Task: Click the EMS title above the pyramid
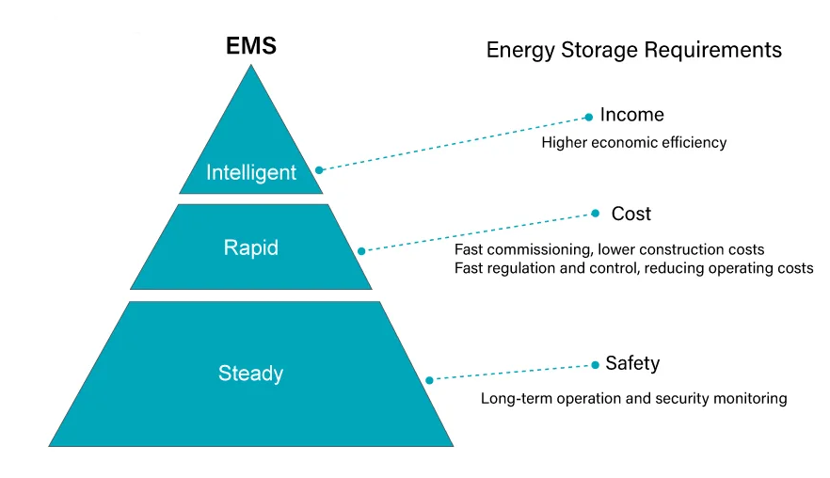click(x=251, y=45)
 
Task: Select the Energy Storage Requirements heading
click(x=633, y=50)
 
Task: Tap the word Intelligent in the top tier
click(x=251, y=172)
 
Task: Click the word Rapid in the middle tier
click(x=251, y=248)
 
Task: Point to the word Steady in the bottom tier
click(x=251, y=373)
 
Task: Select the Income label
click(x=631, y=115)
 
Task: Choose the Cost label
click(x=630, y=214)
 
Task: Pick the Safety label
click(x=632, y=363)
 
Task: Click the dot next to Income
click(x=589, y=117)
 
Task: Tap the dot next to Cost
click(x=595, y=214)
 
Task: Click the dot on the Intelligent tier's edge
click(x=319, y=170)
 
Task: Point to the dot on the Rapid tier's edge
click(x=361, y=251)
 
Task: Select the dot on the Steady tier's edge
click(x=429, y=380)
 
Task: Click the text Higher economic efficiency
click(x=634, y=143)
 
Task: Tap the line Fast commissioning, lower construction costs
click(x=610, y=249)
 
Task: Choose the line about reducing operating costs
click(x=633, y=268)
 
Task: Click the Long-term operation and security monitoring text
click(x=633, y=398)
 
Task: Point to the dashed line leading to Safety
click(x=513, y=373)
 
